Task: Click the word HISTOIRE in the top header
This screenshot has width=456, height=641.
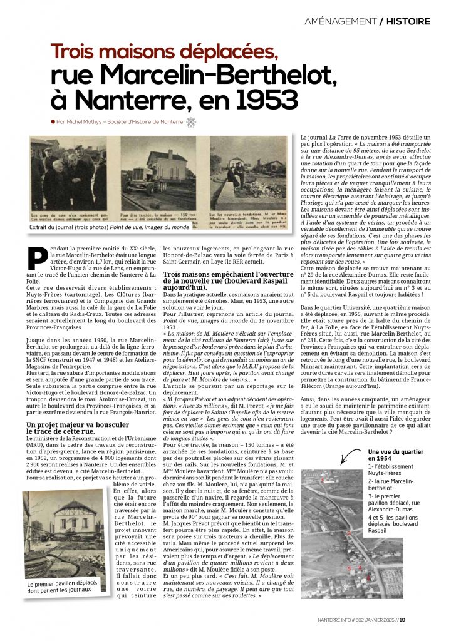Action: click(x=408, y=21)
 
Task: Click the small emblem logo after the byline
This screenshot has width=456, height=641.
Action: click(x=190, y=123)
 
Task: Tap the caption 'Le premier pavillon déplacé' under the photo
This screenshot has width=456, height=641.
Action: click(x=63, y=587)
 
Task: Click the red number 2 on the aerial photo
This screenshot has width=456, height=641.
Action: click(x=348, y=533)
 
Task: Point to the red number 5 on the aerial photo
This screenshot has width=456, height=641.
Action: click(x=349, y=568)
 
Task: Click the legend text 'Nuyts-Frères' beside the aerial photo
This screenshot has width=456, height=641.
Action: click(x=388, y=478)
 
